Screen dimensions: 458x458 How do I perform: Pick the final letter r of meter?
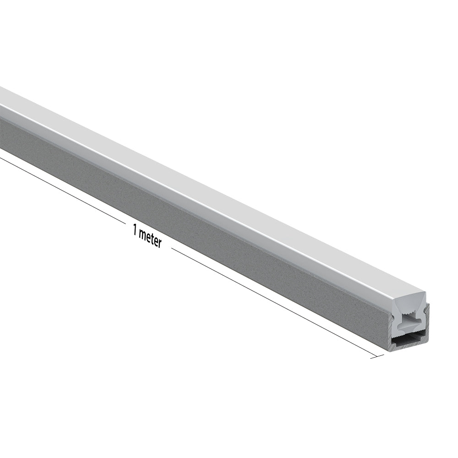pos(159,243)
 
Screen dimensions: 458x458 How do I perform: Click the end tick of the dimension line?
pos(377,356)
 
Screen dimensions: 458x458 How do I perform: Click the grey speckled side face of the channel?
pos(183,215)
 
